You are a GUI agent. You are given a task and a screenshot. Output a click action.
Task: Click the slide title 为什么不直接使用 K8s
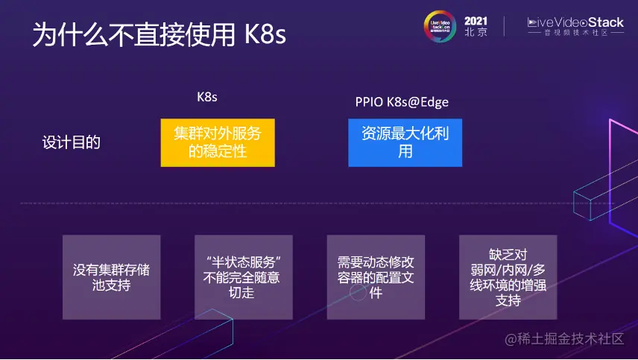(159, 35)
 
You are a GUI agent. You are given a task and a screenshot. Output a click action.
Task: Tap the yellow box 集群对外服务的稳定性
(218, 142)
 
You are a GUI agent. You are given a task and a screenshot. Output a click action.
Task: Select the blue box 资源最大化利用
(405, 142)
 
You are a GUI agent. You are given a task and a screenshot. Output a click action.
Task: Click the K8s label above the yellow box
(207, 98)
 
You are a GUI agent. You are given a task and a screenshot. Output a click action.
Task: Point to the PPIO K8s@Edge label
(402, 101)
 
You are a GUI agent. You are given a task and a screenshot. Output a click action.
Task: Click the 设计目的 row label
(71, 142)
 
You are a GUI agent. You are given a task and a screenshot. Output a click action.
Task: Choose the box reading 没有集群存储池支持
(111, 277)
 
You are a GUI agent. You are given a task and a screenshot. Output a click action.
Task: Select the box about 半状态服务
(242, 277)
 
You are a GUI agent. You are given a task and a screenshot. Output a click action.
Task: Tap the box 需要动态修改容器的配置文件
(376, 277)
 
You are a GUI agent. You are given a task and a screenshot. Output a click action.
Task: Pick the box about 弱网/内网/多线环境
(508, 277)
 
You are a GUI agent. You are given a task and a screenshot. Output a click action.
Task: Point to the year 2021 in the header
(476, 21)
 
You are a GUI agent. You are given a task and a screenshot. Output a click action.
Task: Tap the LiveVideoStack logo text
(575, 22)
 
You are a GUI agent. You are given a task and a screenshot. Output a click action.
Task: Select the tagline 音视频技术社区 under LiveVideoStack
(575, 34)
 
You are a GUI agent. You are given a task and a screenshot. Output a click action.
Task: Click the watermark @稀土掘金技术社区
(564, 339)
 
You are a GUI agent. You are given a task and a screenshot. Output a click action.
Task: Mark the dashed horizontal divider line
(298, 203)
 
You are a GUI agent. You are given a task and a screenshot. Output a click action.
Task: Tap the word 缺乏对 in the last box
(508, 254)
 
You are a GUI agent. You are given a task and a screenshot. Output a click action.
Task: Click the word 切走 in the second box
(242, 293)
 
